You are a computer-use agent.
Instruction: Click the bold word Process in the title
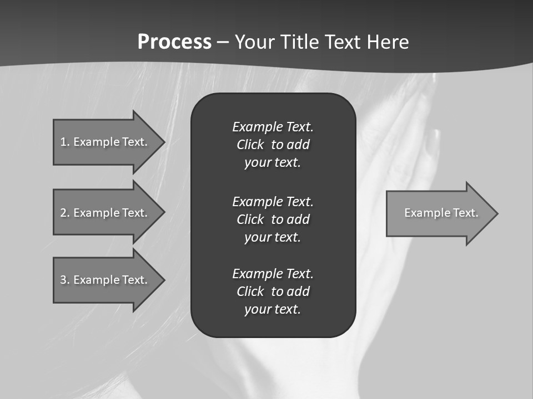[174, 42]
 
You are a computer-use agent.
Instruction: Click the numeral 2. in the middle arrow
[65, 213]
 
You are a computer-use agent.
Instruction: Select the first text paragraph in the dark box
[273, 145]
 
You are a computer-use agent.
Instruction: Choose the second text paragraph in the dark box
[273, 219]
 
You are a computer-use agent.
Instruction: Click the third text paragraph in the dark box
[273, 291]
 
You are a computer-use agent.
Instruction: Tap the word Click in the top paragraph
[250, 145]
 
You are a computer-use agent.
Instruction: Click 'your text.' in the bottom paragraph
[273, 309]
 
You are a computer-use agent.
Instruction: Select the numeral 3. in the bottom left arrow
[65, 280]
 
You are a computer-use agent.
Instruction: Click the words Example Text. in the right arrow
[441, 213]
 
